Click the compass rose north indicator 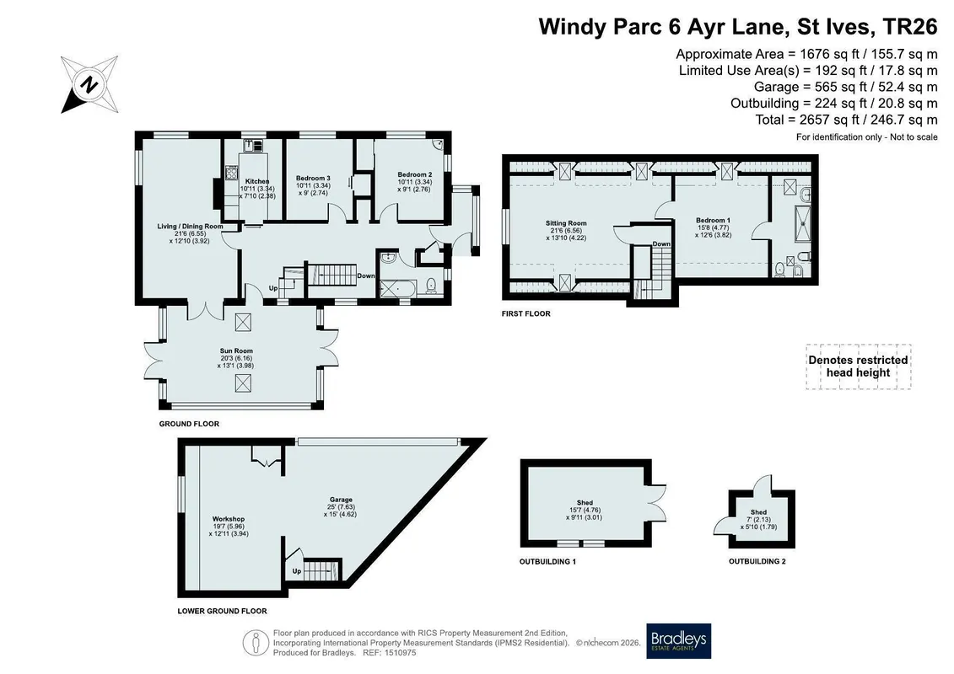(x=89, y=84)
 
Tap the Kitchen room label (x=257, y=181)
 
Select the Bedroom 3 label (x=313, y=178)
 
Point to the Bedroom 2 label (x=415, y=174)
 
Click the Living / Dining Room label (x=190, y=226)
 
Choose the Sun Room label (x=236, y=350)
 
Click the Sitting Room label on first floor (x=566, y=223)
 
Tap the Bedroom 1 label (x=713, y=220)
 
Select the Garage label (x=341, y=500)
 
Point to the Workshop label (x=228, y=519)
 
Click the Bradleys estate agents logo (x=678, y=641)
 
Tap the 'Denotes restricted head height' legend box (x=859, y=366)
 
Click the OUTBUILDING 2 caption (x=757, y=562)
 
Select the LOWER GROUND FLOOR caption (x=222, y=611)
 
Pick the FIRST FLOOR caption (x=526, y=313)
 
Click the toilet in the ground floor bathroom (x=431, y=285)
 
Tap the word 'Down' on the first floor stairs (x=661, y=243)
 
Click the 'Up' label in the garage (x=297, y=570)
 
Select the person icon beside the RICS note (x=256, y=643)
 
